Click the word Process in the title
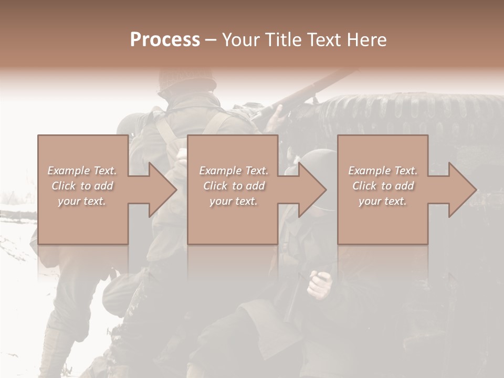(165, 39)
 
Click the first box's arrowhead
(162, 190)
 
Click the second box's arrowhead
(312, 190)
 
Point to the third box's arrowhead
(462, 190)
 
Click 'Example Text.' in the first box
(82, 171)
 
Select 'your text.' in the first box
(82, 201)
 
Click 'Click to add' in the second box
(234, 186)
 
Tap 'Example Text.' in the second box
(234, 171)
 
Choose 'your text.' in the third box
(383, 201)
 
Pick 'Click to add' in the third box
(383, 186)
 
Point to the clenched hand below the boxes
(319, 283)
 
